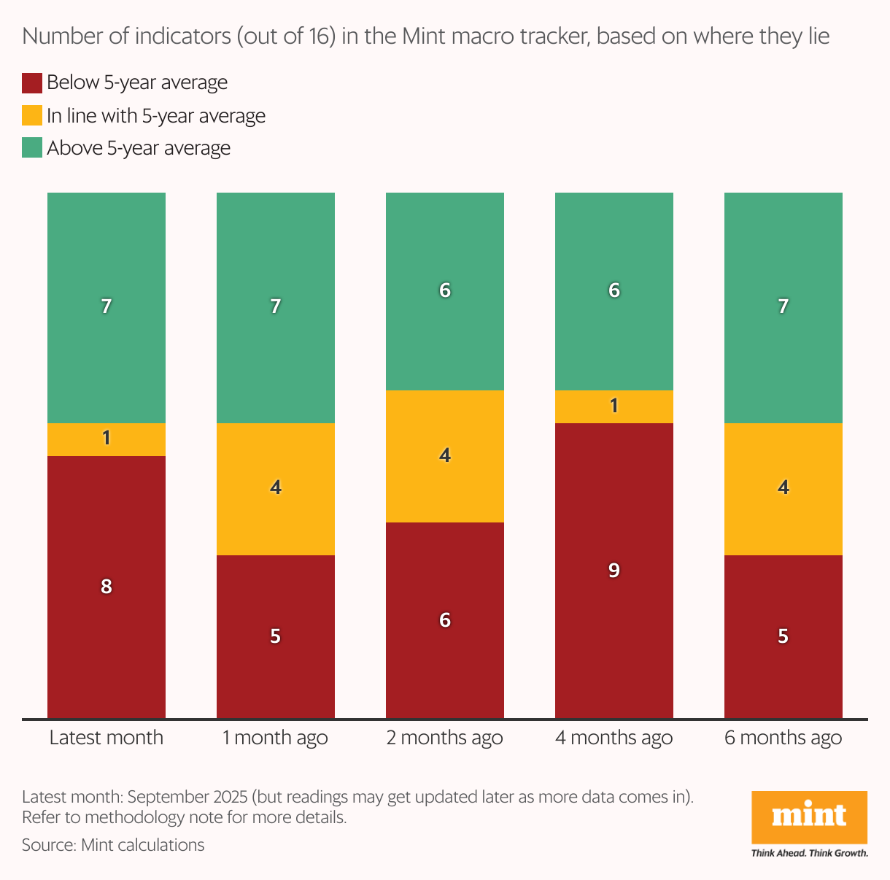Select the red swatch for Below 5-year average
click(x=32, y=82)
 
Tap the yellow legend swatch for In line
click(x=32, y=115)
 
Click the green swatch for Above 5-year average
click(x=32, y=148)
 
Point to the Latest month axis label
click(x=107, y=738)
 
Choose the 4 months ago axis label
click(x=614, y=738)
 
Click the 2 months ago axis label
click(x=445, y=738)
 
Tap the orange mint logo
click(x=809, y=817)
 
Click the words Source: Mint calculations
click(x=113, y=845)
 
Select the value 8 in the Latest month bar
click(x=107, y=586)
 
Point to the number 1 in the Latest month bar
click(x=107, y=438)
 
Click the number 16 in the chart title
click(x=320, y=36)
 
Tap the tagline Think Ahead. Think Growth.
click(x=810, y=853)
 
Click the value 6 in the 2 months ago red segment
click(x=445, y=620)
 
